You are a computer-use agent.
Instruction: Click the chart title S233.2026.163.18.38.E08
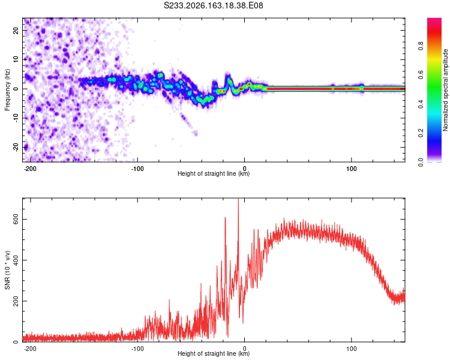213,5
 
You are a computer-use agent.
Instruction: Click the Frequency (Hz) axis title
7,90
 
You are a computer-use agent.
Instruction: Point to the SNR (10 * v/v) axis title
7,270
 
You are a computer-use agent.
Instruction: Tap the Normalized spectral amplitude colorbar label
445,90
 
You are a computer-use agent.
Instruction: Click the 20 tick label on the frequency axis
16,30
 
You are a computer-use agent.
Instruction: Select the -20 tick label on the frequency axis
16,147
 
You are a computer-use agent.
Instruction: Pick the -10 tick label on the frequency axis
16,118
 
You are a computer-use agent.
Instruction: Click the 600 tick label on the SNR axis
16,220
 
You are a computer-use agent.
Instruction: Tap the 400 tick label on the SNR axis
16,260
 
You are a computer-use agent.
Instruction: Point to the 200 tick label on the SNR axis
16,301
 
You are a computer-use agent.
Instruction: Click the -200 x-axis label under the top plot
30,169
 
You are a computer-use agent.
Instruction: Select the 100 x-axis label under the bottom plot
351,349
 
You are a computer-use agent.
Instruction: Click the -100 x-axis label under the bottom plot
137,349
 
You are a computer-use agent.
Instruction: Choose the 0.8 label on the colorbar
421,46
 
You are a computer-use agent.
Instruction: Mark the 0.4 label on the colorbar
421,104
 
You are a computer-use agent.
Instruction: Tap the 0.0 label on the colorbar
421,163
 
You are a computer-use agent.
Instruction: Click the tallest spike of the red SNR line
238,199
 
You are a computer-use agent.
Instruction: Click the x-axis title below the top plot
214,173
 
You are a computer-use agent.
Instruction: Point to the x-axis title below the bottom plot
214,353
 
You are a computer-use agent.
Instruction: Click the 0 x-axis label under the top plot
245,169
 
